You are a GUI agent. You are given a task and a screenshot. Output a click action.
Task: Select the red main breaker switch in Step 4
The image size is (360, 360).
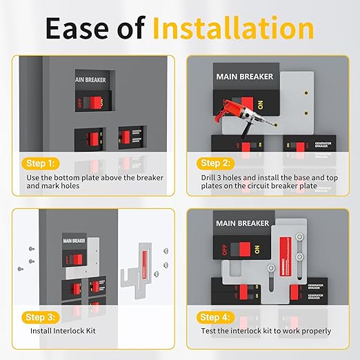[x=241, y=248]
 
